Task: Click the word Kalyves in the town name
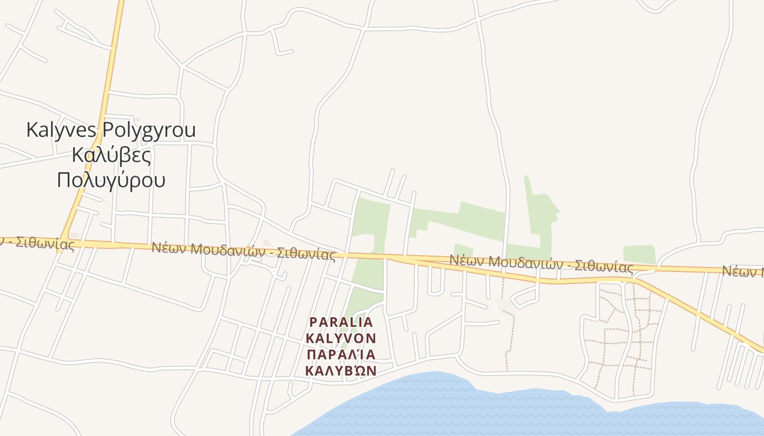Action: (x=61, y=130)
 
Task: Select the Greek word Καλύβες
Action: (x=111, y=155)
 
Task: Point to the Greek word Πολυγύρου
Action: (x=111, y=179)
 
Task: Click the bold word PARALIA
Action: (x=341, y=322)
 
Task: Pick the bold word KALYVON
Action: (x=341, y=338)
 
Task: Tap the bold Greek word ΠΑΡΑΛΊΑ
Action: (x=341, y=355)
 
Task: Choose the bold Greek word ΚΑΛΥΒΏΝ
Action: (x=341, y=371)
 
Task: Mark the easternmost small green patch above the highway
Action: (x=639, y=254)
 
